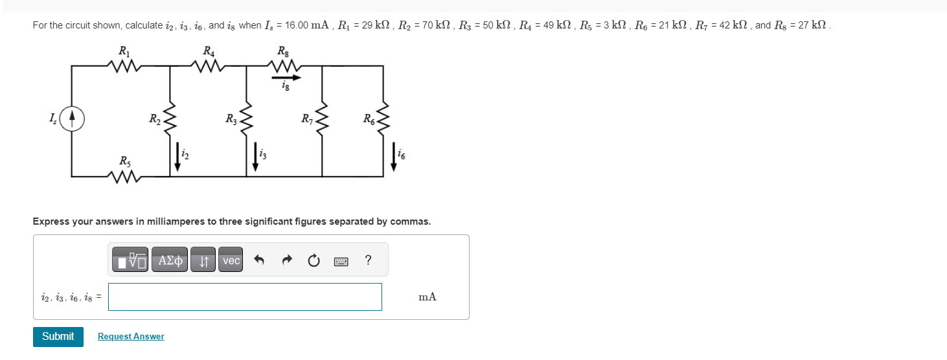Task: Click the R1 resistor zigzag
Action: [123, 65]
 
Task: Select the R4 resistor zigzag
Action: [209, 65]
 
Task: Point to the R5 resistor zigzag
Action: [123, 175]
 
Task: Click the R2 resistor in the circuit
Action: [170, 119]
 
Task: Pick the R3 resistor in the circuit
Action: [246, 119]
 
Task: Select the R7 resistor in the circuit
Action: [323, 119]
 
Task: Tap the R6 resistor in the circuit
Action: [385, 119]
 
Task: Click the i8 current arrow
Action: [286, 77]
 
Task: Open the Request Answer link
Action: [131, 337]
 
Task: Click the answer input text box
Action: [245, 297]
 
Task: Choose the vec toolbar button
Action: [231, 260]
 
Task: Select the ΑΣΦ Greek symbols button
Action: [169, 260]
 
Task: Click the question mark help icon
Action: [368, 260]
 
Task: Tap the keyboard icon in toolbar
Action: [341, 261]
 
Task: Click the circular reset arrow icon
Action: [314, 261]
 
